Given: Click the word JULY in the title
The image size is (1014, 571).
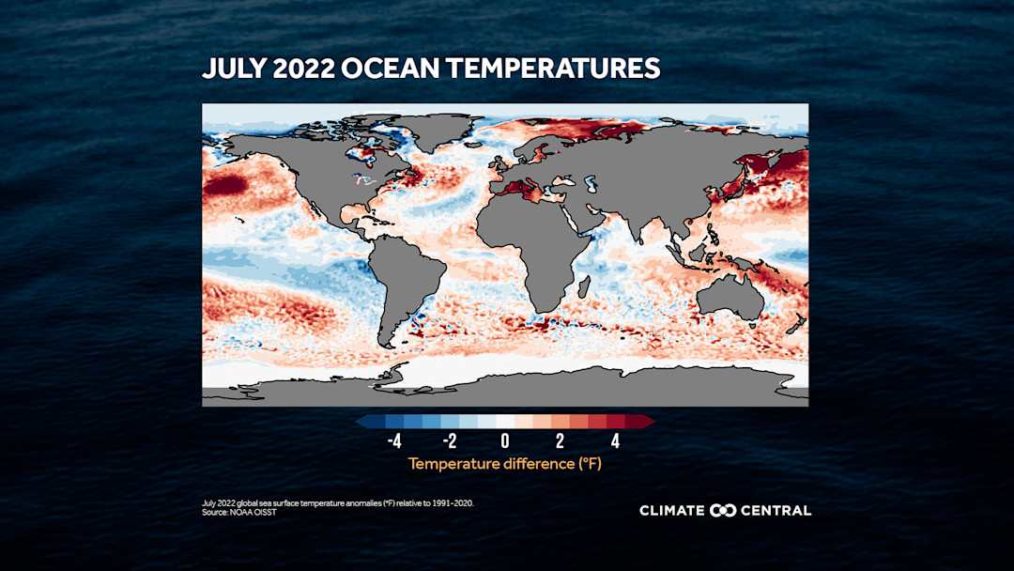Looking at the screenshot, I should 232,69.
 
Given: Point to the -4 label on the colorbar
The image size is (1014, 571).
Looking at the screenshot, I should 394,441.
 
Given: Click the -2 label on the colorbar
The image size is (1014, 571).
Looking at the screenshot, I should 449,441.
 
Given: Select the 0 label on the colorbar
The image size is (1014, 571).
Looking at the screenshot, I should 505,441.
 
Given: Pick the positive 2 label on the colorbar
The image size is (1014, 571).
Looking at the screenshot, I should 560,441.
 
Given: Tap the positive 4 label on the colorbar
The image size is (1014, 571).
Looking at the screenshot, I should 615,441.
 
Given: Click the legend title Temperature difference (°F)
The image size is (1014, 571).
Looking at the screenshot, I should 505,464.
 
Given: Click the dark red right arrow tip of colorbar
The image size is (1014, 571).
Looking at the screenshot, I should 650,422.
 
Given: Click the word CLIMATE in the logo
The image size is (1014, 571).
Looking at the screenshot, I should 672,511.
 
